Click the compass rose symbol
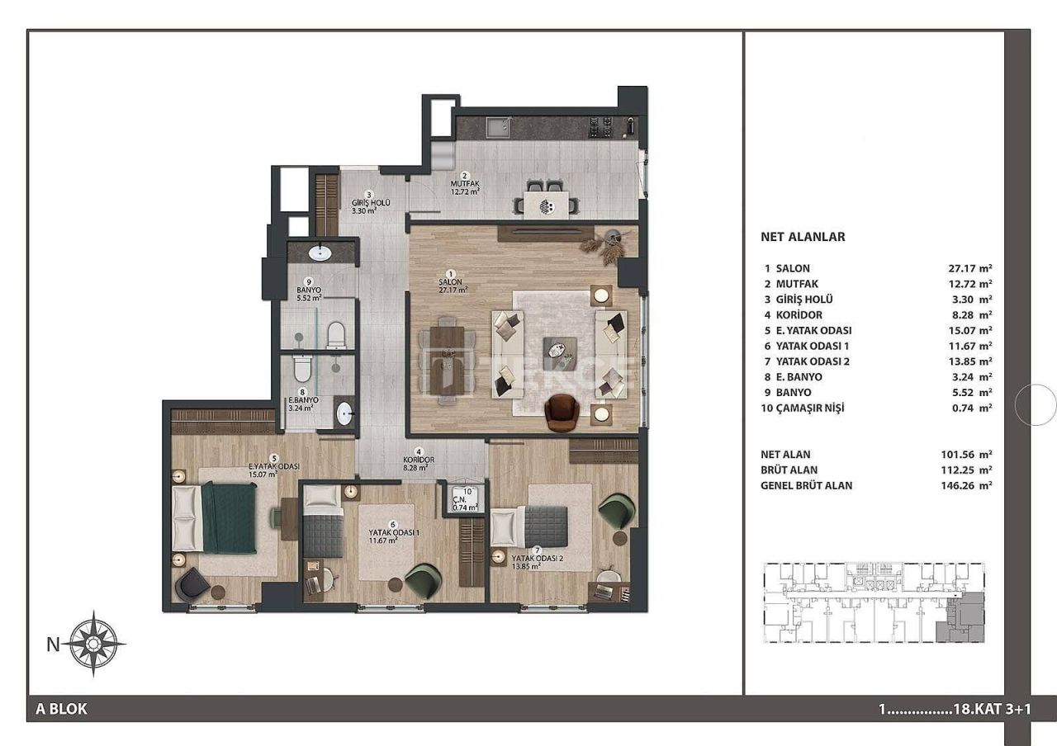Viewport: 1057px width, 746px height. [x=97, y=643]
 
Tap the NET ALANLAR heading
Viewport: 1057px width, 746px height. [x=802, y=237]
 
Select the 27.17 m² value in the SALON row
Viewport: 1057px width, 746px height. [x=969, y=268]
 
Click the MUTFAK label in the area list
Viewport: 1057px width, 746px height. [x=795, y=284]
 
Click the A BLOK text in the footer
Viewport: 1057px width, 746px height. [x=62, y=708]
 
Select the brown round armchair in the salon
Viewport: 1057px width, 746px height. [x=564, y=411]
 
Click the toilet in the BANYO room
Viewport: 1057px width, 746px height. [x=336, y=334]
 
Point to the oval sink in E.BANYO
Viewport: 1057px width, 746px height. [x=344, y=413]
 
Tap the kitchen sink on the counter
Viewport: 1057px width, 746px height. [x=497, y=127]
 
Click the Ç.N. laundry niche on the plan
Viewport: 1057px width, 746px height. [x=467, y=500]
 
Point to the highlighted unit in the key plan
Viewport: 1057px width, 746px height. [x=963, y=618]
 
